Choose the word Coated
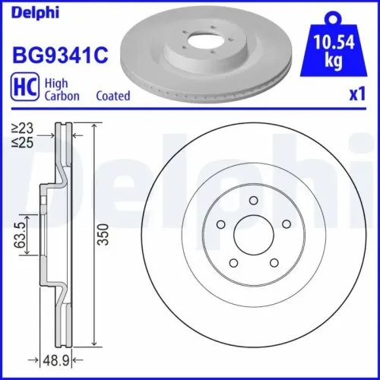(x=113, y=96)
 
